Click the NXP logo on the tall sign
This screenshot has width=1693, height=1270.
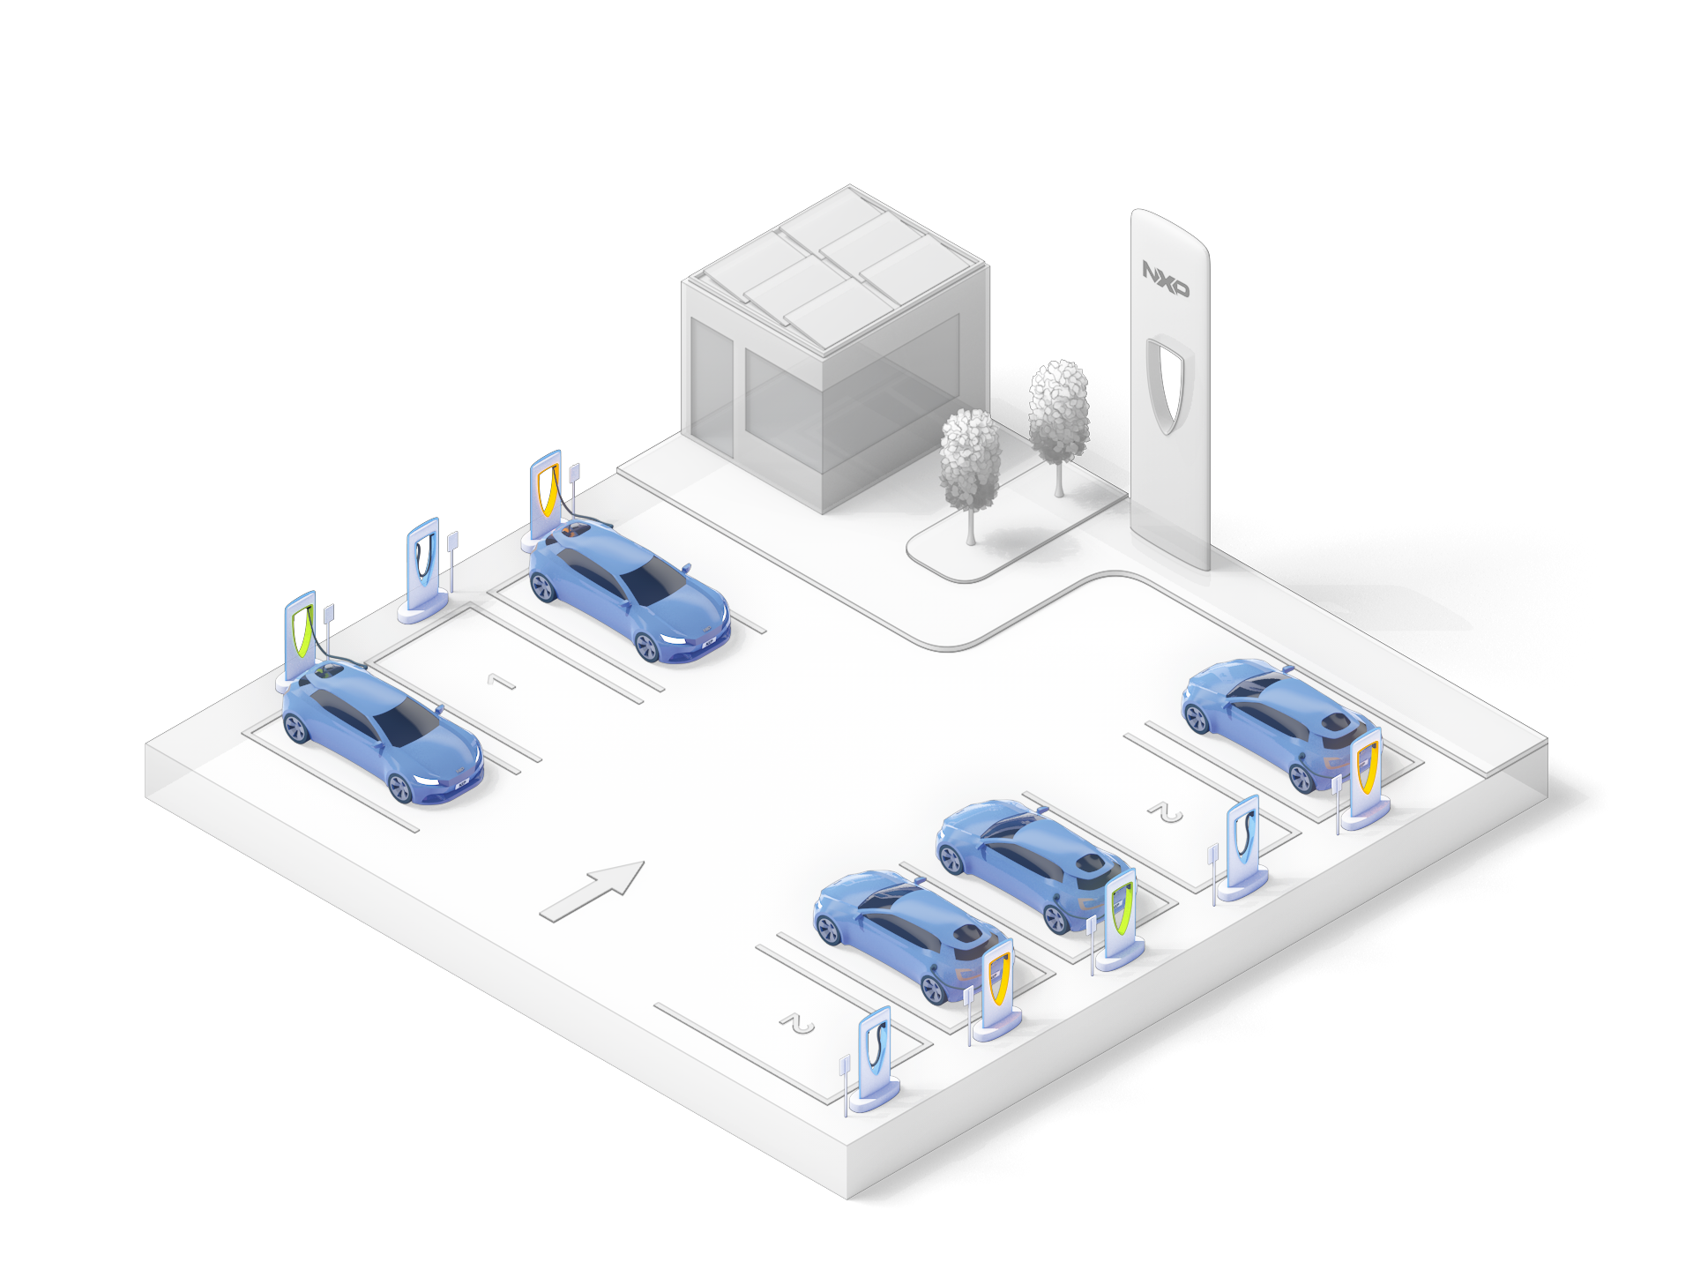pyautogui.click(x=1165, y=278)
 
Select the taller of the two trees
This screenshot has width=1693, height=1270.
pyautogui.click(x=1059, y=415)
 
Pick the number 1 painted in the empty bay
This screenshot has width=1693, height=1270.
pyautogui.click(x=501, y=681)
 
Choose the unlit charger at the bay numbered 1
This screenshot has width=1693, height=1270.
pyautogui.click(x=424, y=564)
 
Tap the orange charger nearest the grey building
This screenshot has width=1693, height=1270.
pyautogui.click(x=546, y=489)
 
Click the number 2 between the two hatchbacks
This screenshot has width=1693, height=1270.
pyautogui.click(x=1166, y=812)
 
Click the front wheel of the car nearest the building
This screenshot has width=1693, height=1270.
pyautogui.click(x=646, y=647)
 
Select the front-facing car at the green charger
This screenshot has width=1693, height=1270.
pyautogui.click(x=381, y=732)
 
